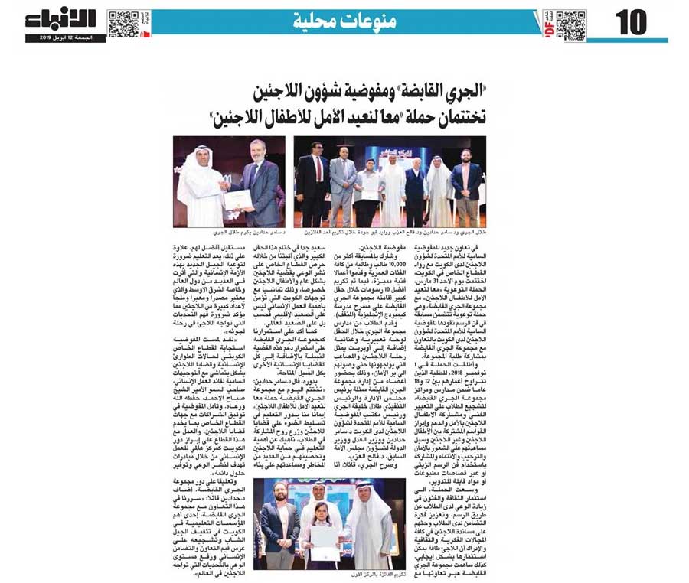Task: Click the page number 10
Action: [631, 24]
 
